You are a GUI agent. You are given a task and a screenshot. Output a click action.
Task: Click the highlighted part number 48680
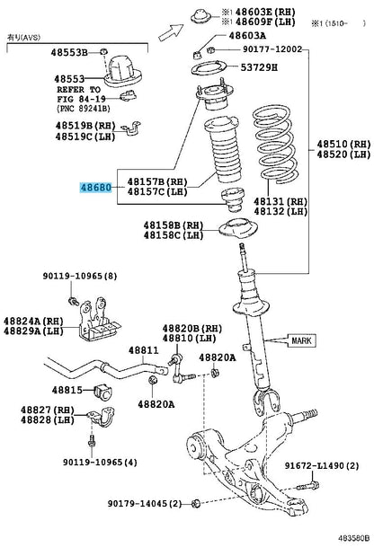[96, 188]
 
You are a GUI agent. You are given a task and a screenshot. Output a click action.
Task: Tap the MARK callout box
[302, 340]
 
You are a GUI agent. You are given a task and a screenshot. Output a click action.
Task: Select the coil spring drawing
[275, 146]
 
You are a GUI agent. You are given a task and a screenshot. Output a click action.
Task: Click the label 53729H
[259, 67]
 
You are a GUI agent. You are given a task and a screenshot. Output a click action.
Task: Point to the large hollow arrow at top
[171, 32]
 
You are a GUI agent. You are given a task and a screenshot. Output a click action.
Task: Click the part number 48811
[143, 350]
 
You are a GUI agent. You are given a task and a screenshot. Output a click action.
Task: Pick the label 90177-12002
[272, 49]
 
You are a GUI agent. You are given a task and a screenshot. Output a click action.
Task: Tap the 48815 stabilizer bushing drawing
[102, 392]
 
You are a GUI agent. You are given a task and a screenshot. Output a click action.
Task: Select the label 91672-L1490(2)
[322, 465]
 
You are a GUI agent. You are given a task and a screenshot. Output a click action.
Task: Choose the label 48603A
[247, 36]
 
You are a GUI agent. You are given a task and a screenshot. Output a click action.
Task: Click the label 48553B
[69, 52]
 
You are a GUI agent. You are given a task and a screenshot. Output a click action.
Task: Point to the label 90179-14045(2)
[145, 503]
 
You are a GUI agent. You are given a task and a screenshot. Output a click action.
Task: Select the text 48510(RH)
[343, 144]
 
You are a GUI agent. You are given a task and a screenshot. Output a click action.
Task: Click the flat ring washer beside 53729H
[209, 68]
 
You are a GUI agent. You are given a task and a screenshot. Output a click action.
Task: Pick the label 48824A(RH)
[33, 321]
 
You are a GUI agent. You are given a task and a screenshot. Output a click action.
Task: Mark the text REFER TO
[79, 90]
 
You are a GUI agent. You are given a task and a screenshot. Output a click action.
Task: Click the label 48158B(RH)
[174, 225]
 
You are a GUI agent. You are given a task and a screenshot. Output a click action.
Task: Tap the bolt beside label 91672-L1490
[308, 485]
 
